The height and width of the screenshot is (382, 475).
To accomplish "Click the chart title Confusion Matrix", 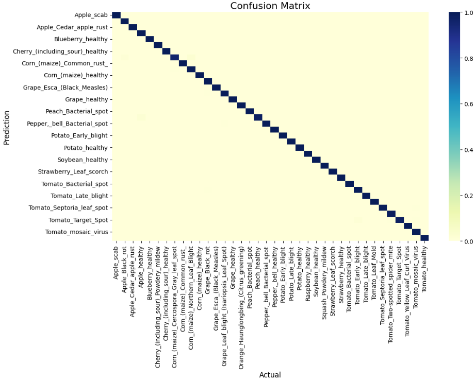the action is (270, 6).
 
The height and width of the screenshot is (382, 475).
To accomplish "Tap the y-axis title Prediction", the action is (7, 128).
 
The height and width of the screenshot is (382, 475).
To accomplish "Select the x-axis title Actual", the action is (270, 375).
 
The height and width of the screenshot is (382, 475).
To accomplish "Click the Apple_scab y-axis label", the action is (91, 15).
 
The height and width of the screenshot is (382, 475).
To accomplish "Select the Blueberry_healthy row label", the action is (81, 39).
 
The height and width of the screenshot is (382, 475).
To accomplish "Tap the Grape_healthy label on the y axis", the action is (86, 99).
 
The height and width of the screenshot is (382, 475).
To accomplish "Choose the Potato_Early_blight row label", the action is (79, 135).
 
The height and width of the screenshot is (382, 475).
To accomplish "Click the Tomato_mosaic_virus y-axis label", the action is (77, 232).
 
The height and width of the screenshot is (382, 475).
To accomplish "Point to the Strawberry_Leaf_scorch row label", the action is (73, 171).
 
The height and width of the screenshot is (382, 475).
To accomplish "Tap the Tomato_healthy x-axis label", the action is (424, 269).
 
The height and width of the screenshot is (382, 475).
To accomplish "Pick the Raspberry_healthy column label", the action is (308, 274).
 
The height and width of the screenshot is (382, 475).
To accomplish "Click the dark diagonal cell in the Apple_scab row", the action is (117, 15).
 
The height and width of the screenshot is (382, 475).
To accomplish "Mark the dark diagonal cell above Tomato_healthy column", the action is (424, 238).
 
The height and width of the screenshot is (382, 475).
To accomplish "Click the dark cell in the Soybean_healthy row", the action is (316, 160).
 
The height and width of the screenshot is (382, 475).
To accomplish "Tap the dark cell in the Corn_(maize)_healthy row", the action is (200, 75).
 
